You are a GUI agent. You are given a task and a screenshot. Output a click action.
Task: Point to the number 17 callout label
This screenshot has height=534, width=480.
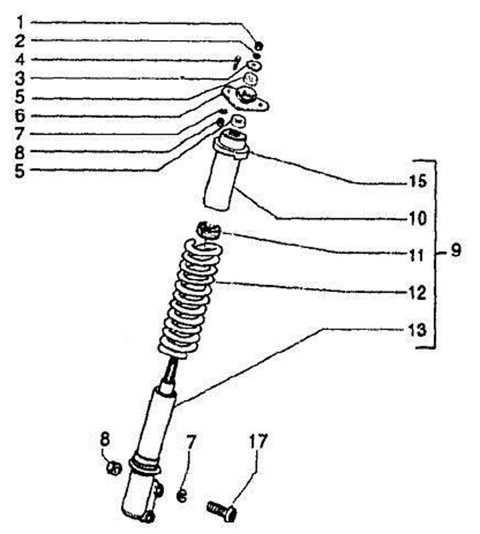258,441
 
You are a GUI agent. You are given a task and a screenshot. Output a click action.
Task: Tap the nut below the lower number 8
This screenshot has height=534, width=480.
114,468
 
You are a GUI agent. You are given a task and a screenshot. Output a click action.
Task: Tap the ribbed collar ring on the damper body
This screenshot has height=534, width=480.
145,465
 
